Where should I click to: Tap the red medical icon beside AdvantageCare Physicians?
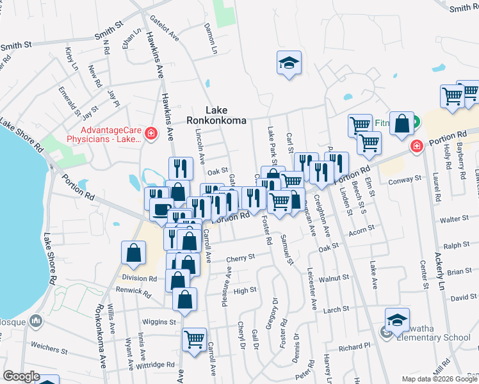click(x=150, y=133)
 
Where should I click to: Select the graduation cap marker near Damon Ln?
click(x=289, y=63)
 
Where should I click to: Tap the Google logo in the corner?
click(x=21, y=376)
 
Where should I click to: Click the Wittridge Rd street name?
click(x=154, y=365)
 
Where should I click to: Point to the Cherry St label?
click(x=241, y=257)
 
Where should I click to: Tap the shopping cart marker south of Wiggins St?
click(x=194, y=339)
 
